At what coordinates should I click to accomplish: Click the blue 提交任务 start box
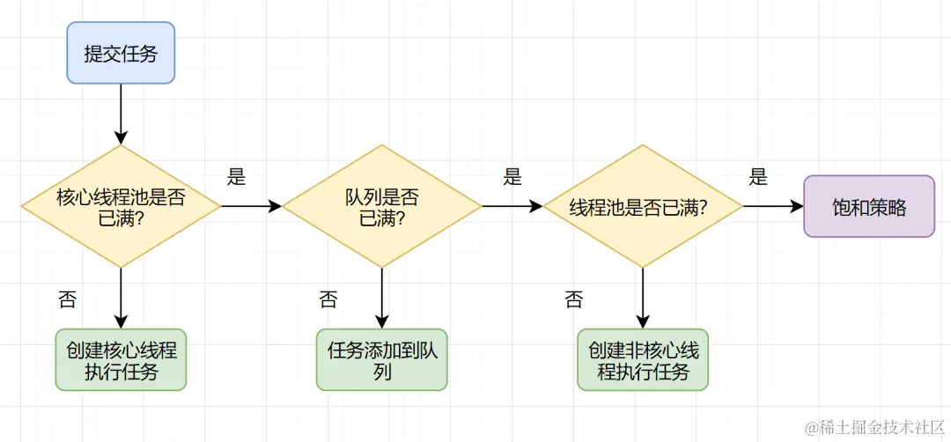click(122, 53)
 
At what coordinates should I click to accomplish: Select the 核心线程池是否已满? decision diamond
click(122, 206)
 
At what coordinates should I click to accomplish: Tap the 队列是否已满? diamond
click(382, 206)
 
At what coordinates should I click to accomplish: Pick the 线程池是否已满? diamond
click(642, 208)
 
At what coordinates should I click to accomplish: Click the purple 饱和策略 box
click(869, 207)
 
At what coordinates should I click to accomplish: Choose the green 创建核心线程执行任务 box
click(122, 360)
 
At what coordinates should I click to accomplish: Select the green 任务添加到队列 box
click(382, 360)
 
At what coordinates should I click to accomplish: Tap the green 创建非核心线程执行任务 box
click(643, 360)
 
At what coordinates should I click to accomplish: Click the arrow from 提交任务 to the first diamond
click(122, 114)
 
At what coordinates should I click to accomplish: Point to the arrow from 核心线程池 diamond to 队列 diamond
click(251, 206)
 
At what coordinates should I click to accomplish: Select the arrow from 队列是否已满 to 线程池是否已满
click(512, 206)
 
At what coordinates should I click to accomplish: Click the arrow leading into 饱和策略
click(773, 207)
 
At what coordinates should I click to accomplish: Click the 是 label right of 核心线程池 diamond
click(236, 177)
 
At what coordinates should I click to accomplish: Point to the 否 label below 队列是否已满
click(328, 300)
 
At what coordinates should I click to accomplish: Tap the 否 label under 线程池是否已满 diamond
click(573, 300)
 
